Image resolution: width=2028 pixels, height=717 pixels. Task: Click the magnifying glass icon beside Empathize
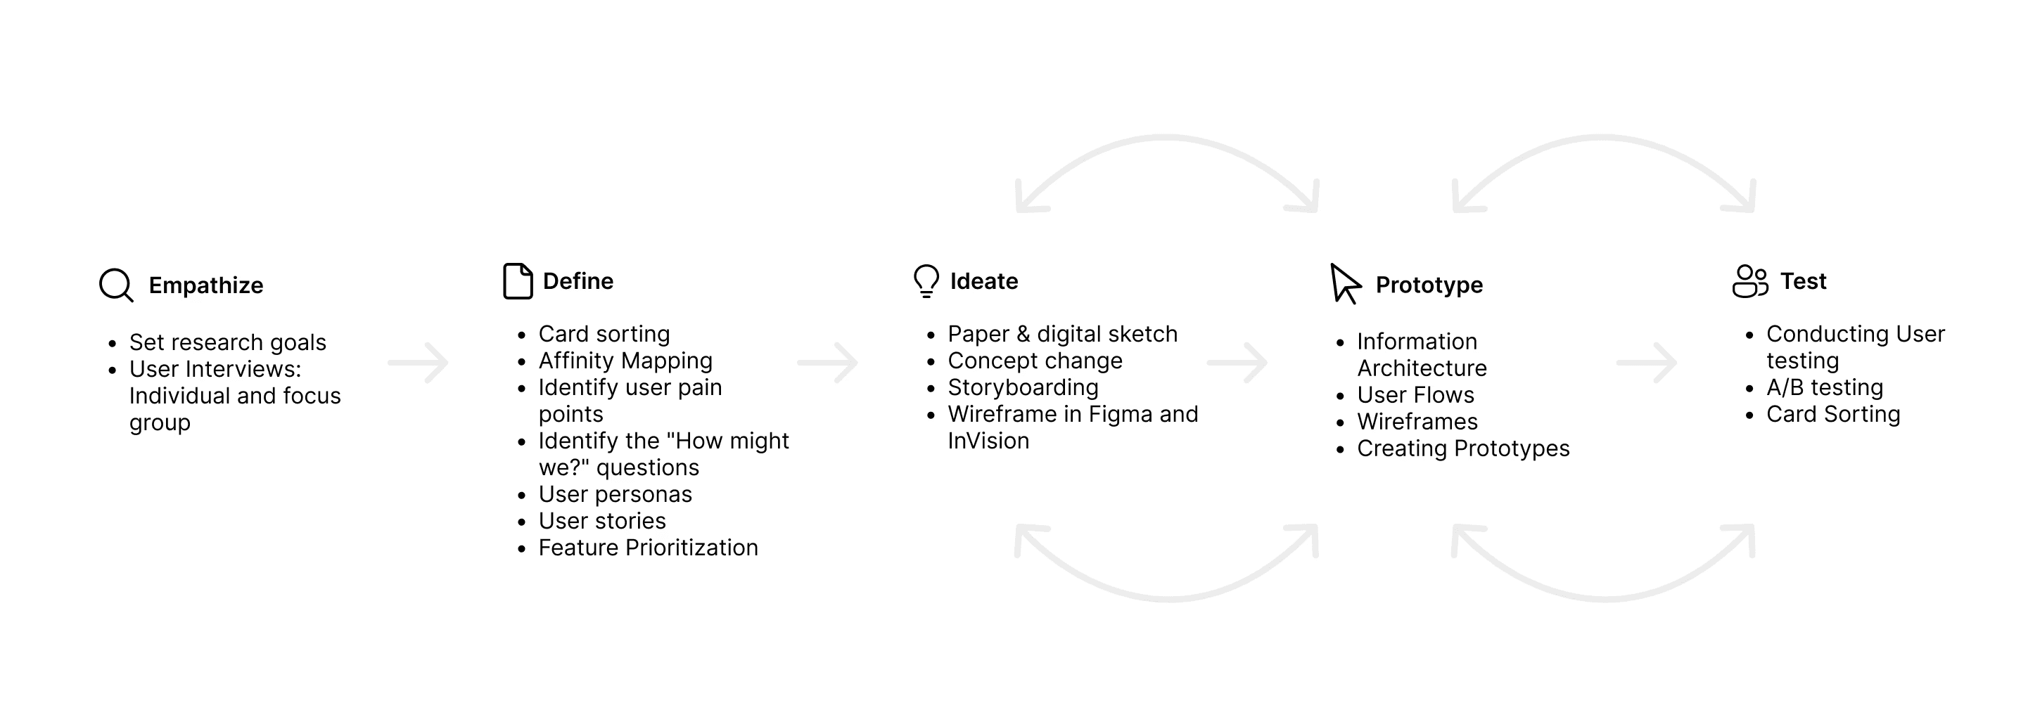pyautogui.click(x=116, y=285)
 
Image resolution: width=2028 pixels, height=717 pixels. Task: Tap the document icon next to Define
pyautogui.click(x=517, y=281)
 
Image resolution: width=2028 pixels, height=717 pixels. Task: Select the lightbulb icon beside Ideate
pyautogui.click(x=926, y=281)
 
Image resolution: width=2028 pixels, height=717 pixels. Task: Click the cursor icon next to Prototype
pyautogui.click(x=1345, y=283)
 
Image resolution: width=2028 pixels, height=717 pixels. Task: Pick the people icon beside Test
pyautogui.click(x=1749, y=281)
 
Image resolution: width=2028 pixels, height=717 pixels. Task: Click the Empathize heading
pyautogui.click(x=205, y=285)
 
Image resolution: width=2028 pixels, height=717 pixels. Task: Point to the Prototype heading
pyautogui.click(x=1428, y=285)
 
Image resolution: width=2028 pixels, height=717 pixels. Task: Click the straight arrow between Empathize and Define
pyautogui.click(x=418, y=363)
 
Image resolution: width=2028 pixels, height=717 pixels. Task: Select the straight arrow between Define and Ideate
pyautogui.click(x=827, y=363)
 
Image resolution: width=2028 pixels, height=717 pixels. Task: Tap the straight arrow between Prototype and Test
pyautogui.click(x=1646, y=363)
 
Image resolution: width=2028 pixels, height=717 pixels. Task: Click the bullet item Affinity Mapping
pyautogui.click(x=625, y=361)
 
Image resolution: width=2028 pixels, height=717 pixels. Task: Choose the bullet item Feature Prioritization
pyautogui.click(x=648, y=548)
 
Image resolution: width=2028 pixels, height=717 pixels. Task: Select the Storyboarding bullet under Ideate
pyautogui.click(x=1023, y=387)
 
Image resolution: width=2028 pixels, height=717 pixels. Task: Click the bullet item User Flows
pyautogui.click(x=1415, y=395)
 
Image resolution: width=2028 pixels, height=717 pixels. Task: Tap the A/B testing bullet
pyautogui.click(x=1824, y=387)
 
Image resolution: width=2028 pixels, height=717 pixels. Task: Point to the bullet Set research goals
pyautogui.click(x=227, y=342)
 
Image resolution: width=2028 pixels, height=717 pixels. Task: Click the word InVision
pyautogui.click(x=988, y=441)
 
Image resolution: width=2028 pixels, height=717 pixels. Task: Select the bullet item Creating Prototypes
pyautogui.click(x=1462, y=448)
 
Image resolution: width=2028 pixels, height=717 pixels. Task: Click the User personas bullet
pyautogui.click(x=615, y=494)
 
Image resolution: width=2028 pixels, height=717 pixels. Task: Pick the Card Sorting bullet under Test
pyautogui.click(x=1832, y=414)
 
